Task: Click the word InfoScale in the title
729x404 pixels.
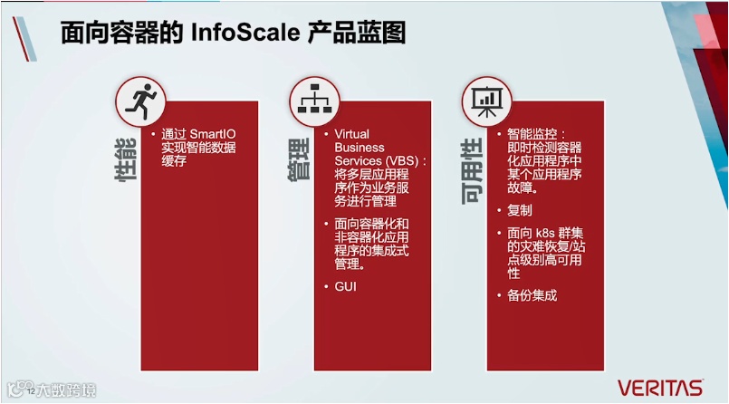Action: point(243,34)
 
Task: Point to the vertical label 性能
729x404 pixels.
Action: point(126,166)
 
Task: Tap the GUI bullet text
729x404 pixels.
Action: point(346,286)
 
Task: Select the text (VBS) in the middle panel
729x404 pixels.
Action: point(408,160)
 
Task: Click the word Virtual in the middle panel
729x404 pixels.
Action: point(352,134)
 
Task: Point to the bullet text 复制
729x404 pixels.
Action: point(520,210)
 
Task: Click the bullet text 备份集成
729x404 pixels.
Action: point(532,295)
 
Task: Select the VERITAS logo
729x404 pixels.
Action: point(660,387)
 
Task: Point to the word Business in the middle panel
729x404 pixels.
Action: point(360,148)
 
